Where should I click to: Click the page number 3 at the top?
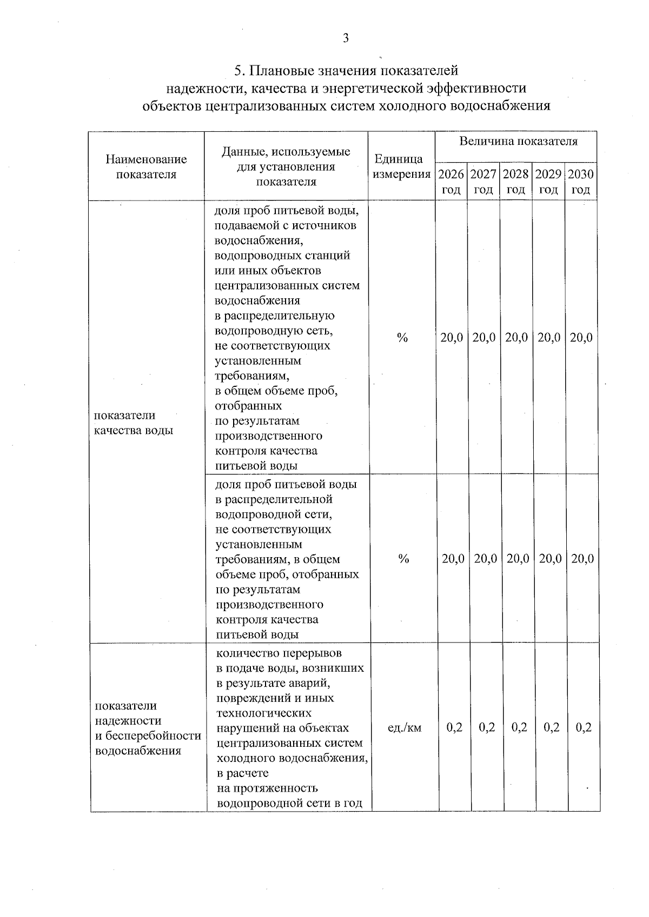click(x=346, y=38)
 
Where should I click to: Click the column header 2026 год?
click(x=451, y=182)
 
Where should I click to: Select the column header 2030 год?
click(x=581, y=182)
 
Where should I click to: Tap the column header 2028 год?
click(x=516, y=182)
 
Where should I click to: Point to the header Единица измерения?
click(x=401, y=166)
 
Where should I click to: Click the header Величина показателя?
click(x=518, y=142)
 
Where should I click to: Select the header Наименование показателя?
click(x=147, y=166)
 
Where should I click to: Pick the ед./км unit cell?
click(x=405, y=727)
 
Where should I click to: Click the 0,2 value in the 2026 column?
click(x=454, y=727)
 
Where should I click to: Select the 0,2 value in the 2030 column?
click(x=584, y=727)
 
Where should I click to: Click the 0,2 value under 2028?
click(x=519, y=727)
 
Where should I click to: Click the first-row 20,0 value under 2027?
click(x=484, y=338)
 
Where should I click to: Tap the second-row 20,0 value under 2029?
click(x=550, y=559)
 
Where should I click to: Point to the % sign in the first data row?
click(x=402, y=338)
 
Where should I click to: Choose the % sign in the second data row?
click(x=403, y=559)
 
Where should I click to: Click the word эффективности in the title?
click(x=476, y=88)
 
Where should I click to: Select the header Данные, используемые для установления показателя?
click(x=286, y=166)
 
